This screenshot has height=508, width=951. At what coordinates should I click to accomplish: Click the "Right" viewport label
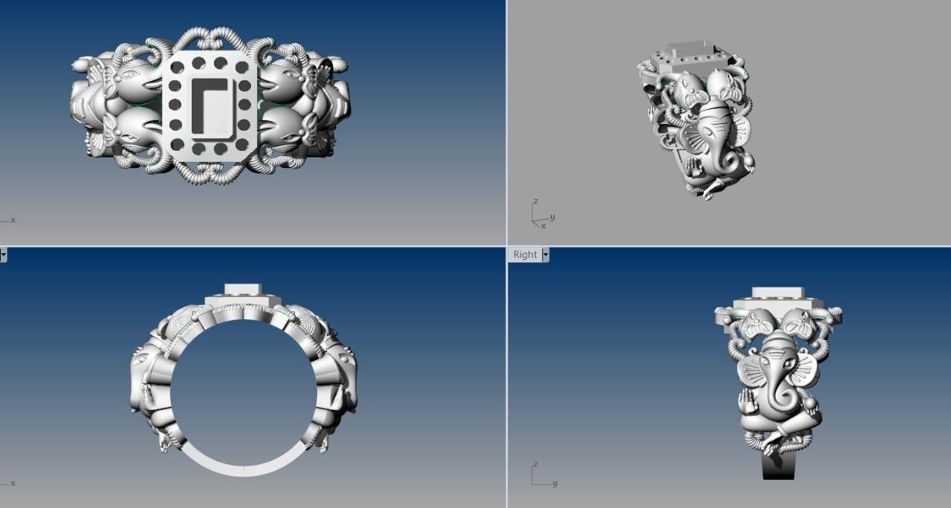tap(525, 255)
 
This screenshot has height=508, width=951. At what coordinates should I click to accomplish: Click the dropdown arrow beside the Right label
tap(546, 255)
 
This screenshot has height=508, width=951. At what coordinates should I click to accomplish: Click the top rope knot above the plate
tap(209, 38)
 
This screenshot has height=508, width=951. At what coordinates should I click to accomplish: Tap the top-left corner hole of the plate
tap(177, 68)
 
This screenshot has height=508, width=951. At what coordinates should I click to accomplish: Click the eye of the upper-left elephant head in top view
tap(132, 75)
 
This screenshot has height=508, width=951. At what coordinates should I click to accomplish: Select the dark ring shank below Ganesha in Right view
tap(778, 468)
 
